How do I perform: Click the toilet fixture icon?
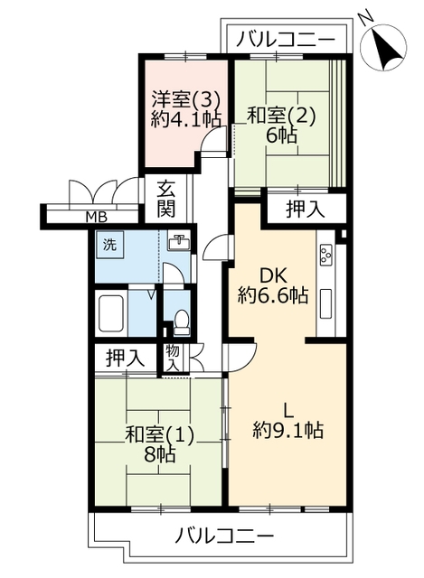point(181,322)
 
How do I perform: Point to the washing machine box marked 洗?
point(109,245)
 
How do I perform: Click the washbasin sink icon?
point(179,242)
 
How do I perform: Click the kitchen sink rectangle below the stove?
point(325,303)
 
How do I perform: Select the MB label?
point(97,217)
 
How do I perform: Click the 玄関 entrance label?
point(167,200)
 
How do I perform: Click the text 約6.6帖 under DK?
point(273,295)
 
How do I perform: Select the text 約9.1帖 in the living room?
point(288,430)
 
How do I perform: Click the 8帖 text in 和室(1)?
point(160,456)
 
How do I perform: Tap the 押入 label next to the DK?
point(306,209)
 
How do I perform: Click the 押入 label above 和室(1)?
point(126,358)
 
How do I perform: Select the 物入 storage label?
point(173,358)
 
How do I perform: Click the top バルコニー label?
point(286,39)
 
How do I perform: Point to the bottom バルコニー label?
point(225,536)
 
